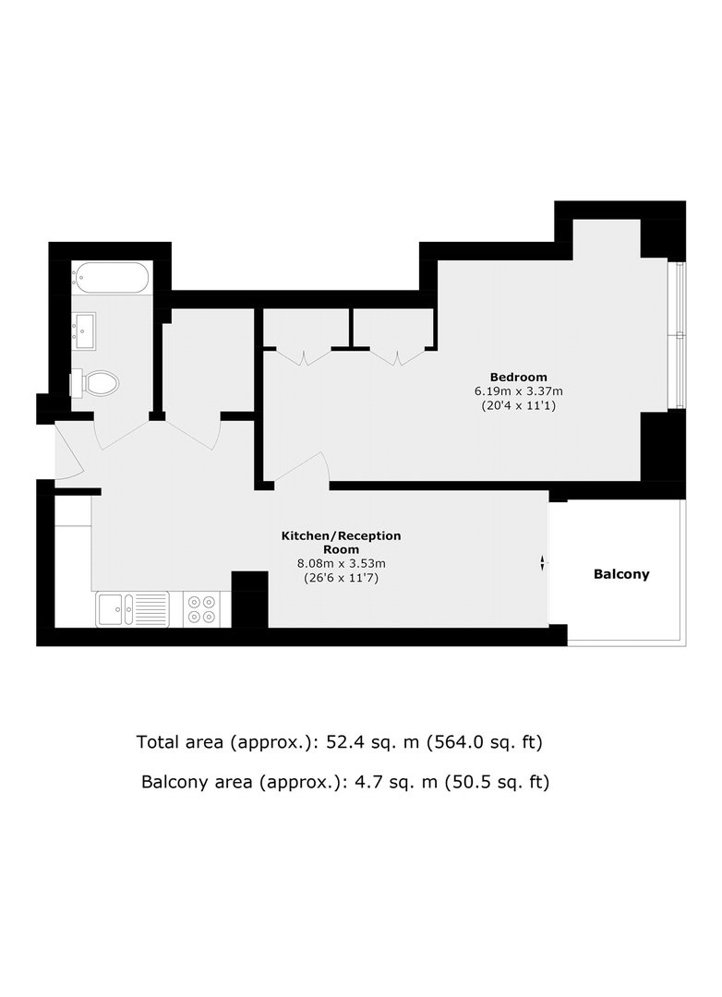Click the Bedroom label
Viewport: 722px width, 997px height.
click(519, 377)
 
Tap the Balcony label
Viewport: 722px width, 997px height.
click(621, 574)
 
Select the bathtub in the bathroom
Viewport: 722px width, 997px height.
click(111, 278)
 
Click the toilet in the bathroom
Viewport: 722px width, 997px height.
click(94, 383)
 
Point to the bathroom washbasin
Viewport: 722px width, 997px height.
click(84, 330)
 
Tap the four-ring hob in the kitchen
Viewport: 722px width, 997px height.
click(201, 609)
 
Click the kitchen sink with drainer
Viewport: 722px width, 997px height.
click(133, 609)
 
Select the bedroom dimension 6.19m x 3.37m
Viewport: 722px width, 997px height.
click(519, 391)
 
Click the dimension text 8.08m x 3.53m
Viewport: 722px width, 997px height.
click(342, 563)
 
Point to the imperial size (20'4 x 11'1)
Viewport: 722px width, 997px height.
click(519, 405)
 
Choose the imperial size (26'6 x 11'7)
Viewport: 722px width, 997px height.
click(342, 578)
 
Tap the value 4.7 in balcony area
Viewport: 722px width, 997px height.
click(365, 782)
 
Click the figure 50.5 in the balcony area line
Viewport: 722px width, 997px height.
click(470, 782)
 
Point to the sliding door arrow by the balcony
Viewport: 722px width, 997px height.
click(543, 563)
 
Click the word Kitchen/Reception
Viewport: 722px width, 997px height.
click(342, 536)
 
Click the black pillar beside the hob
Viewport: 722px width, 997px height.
click(249, 599)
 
